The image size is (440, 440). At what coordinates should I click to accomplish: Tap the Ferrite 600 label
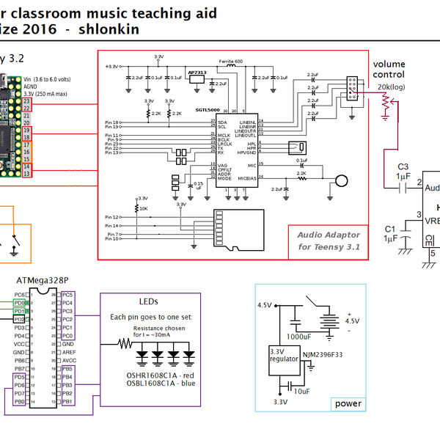(230, 60)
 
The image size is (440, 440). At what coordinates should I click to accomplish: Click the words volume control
(389, 70)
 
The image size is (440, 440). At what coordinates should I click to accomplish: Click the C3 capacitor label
(403, 166)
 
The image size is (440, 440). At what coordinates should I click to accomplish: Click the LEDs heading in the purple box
(148, 301)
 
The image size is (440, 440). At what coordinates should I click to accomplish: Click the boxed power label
(348, 403)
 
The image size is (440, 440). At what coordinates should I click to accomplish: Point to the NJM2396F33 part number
(323, 356)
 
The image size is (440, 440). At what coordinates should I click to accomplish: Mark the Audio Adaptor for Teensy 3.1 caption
(329, 241)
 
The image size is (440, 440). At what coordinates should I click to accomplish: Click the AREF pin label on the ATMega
(69, 352)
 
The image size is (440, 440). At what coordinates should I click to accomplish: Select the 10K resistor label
(143, 208)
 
